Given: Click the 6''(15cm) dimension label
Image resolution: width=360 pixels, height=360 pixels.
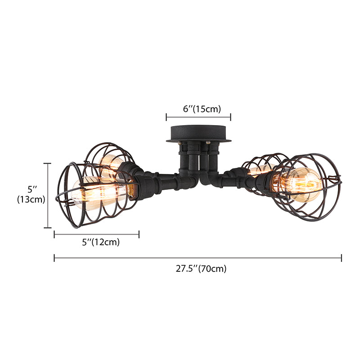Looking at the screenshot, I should point(198,108).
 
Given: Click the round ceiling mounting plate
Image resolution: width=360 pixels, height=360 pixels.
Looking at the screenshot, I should point(198,134).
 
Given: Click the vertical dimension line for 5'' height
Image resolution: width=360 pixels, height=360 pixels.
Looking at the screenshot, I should point(49,196).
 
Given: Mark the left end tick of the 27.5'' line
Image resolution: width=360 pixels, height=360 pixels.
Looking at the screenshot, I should point(54,258).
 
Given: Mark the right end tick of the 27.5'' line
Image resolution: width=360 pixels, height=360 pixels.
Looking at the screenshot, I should point(342,258).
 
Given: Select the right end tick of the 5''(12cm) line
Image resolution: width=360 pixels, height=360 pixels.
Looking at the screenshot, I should point(139,234).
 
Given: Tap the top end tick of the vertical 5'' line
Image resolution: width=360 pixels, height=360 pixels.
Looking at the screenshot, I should point(49,163).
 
